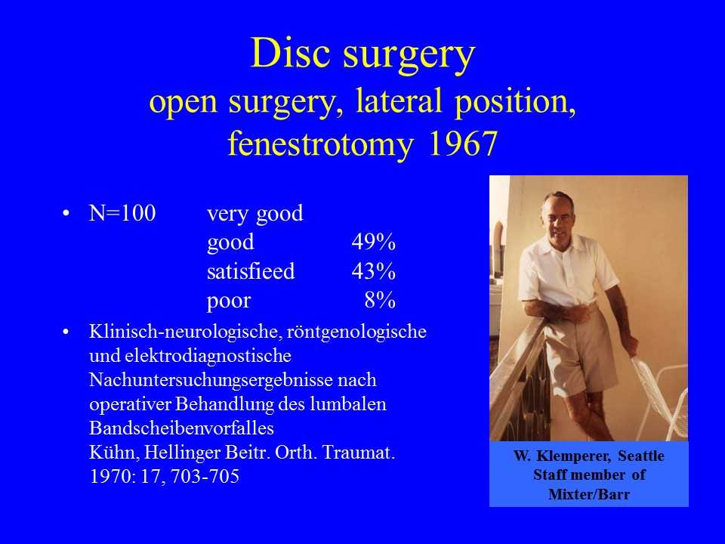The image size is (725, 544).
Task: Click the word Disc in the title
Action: tap(292, 53)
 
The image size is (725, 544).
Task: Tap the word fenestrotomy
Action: tap(319, 144)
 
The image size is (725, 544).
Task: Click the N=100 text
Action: tap(122, 213)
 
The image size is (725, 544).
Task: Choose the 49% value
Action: tap(374, 242)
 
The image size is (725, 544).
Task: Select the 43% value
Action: tap(374, 271)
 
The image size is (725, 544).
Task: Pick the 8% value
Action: tap(380, 300)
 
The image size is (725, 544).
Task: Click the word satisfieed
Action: tap(251, 271)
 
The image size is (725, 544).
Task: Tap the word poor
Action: tap(228, 301)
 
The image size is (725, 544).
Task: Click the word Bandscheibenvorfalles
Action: tap(181, 428)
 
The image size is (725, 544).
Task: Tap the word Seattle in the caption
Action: tap(641, 456)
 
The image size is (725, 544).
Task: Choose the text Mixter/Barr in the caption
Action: tap(589, 494)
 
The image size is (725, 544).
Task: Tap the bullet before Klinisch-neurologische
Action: tap(66, 332)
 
